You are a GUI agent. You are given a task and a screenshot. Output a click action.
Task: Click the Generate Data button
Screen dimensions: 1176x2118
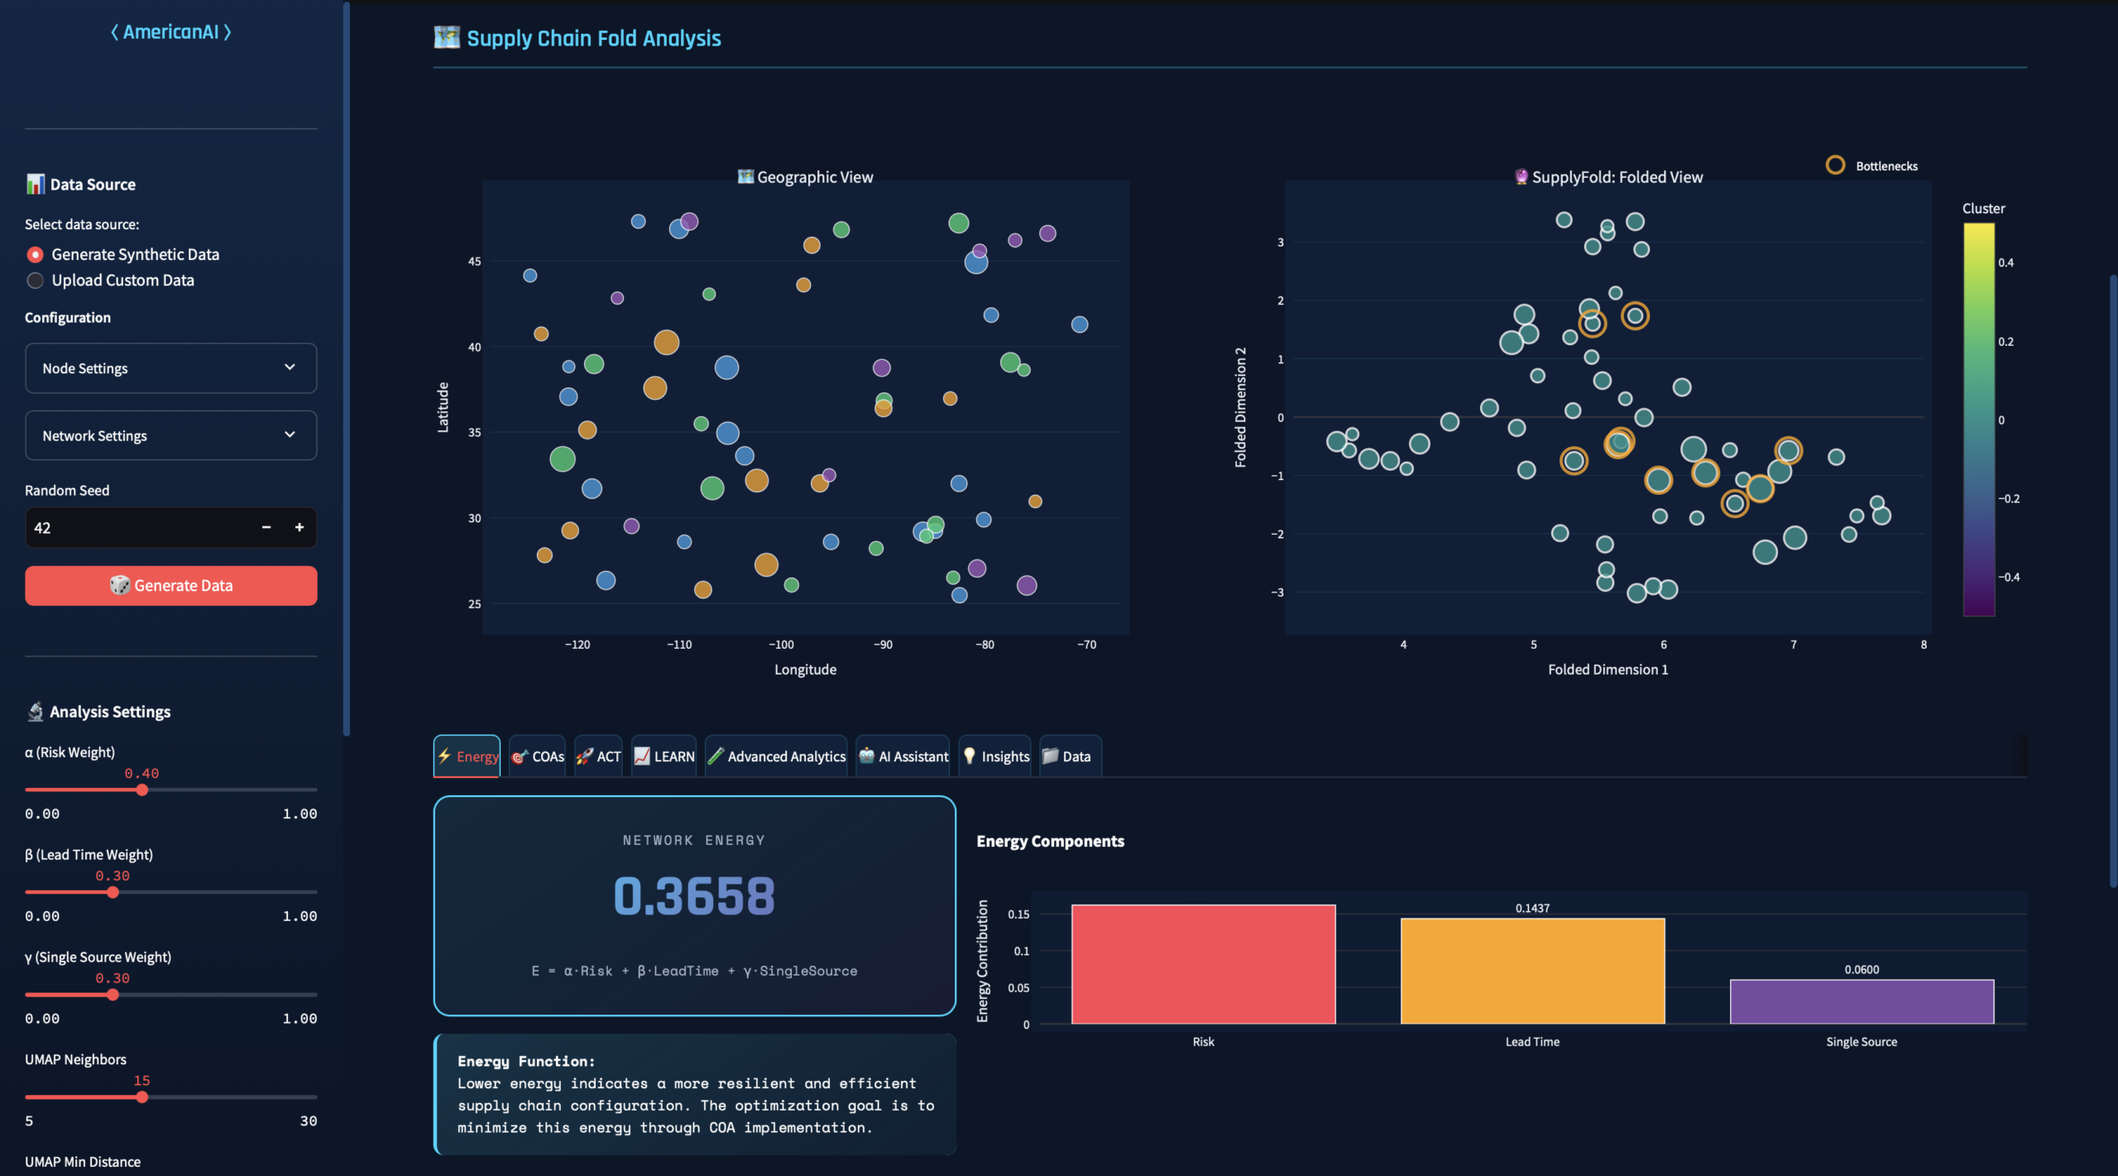point(170,586)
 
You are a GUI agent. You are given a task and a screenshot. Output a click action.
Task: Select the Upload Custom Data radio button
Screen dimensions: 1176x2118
point(36,281)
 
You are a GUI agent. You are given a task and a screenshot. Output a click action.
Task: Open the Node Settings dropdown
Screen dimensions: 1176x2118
point(170,368)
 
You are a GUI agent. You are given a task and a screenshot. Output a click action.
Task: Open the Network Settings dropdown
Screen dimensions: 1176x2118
point(170,435)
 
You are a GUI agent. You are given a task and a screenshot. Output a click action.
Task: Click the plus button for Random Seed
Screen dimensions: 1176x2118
point(299,527)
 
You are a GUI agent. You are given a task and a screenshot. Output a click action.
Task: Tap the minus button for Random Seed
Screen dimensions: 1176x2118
point(266,527)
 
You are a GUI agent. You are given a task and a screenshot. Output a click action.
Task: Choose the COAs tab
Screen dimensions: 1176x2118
point(538,756)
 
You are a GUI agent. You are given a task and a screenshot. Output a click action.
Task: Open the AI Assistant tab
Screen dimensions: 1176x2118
point(903,756)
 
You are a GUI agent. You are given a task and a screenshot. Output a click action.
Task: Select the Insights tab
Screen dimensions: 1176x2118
point(995,756)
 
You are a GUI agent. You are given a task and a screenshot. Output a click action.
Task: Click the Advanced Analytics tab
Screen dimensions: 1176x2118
point(776,756)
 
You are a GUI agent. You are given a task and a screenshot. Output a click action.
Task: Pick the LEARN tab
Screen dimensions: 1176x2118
point(664,756)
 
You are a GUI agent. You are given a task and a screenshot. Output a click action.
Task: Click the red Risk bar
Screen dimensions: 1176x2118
point(1203,964)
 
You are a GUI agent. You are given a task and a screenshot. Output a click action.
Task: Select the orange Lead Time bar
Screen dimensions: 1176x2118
point(1532,971)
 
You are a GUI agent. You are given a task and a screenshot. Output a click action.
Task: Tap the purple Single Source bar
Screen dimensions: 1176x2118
point(1862,1001)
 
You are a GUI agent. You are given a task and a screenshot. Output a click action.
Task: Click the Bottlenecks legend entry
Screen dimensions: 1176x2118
point(1871,166)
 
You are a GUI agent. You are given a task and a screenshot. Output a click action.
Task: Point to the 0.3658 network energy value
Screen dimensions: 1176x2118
point(694,896)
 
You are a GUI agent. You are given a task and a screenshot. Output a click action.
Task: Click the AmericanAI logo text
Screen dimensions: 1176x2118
point(171,32)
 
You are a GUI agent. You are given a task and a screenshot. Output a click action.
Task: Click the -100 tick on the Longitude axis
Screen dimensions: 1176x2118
point(781,645)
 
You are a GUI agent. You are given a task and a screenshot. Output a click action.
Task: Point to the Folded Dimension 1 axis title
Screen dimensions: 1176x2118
point(1608,670)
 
